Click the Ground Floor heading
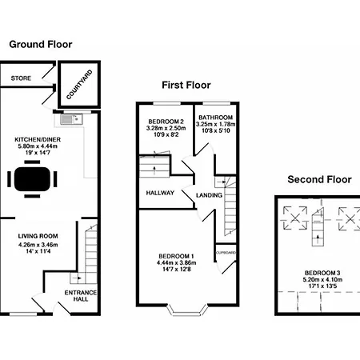41,44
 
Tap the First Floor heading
186,85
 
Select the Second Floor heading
319,179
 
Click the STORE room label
21,78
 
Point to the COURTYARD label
79,85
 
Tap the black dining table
32,179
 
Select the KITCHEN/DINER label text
38,139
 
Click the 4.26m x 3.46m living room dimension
38,245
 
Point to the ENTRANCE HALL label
81,296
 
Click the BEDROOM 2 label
166,122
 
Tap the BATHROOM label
215,118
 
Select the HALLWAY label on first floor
160,193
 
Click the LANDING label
209,195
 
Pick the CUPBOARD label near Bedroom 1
226,253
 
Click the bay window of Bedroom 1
187,310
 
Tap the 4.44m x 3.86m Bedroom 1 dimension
177,262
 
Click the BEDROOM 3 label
322,273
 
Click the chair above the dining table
32,162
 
